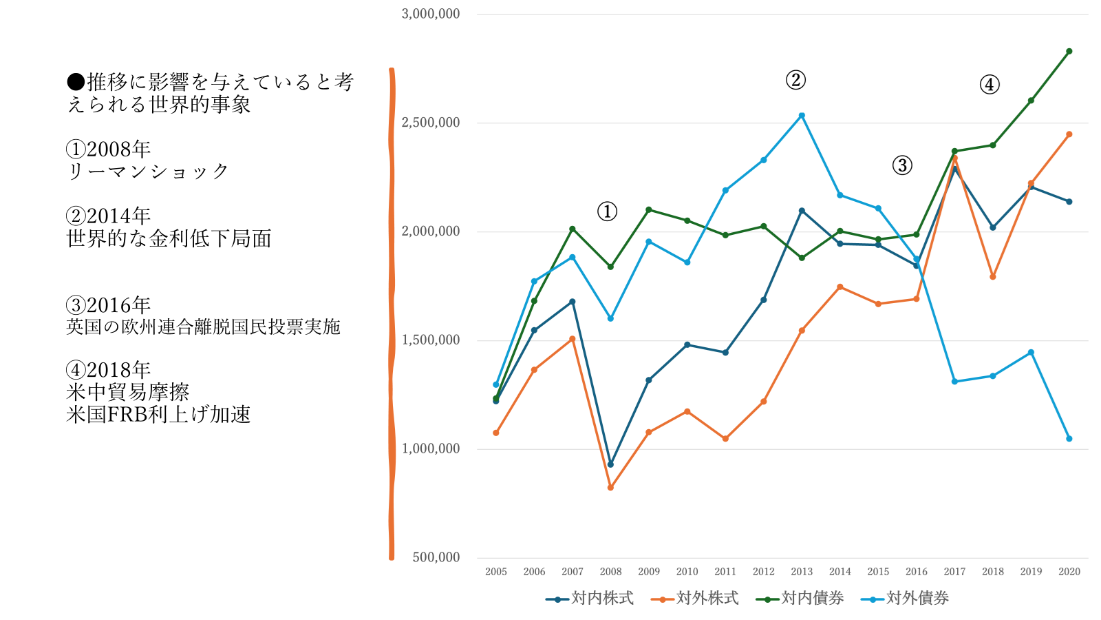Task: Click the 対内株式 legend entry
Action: tap(590, 598)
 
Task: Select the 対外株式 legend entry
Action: tap(695, 598)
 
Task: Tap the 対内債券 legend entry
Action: tap(800, 598)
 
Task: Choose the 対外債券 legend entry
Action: tap(906, 598)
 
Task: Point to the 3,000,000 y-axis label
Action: tap(431, 14)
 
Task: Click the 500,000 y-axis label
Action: tap(436, 557)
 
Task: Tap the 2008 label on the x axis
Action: tap(610, 572)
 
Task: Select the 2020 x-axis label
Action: tap(1069, 572)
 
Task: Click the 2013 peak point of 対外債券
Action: tap(802, 116)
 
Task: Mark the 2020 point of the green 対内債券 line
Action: tap(1069, 52)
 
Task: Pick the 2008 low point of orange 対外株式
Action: tap(610, 488)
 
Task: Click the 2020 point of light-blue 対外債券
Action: tap(1069, 439)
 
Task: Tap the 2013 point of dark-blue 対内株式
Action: tap(802, 211)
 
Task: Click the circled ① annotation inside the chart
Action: tap(607, 211)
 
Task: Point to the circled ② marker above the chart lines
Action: tap(795, 80)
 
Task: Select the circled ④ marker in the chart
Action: tap(990, 85)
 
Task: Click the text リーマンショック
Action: tap(148, 172)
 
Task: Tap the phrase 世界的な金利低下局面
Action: tap(169, 239)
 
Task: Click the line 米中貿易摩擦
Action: tap(128, 393)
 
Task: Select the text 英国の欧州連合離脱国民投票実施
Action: tap(203, 327)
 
